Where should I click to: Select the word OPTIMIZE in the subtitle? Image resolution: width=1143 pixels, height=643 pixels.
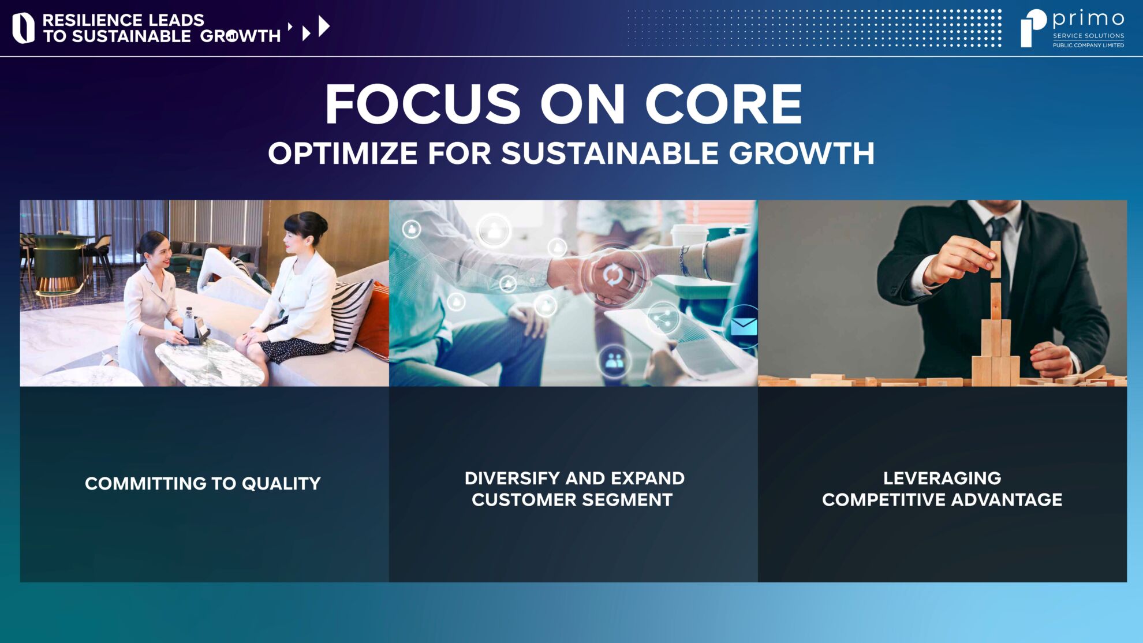click(343, 154)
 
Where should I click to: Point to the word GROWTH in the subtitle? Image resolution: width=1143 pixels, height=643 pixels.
click(801, 154)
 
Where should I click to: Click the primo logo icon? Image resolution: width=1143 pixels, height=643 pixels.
click(1033, 28)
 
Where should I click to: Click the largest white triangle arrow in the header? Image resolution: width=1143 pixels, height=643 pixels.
click(324, 27)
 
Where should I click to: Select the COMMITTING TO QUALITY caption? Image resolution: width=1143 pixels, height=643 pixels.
click(203, 483)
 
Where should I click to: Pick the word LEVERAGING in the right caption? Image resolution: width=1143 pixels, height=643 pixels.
click(942, 478)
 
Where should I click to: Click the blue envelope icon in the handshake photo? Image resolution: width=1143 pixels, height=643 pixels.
click(744, 327)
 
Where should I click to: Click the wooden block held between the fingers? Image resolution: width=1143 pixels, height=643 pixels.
click(996, 260)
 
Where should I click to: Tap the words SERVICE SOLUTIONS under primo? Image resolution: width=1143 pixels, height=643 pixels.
click(1088, 36)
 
